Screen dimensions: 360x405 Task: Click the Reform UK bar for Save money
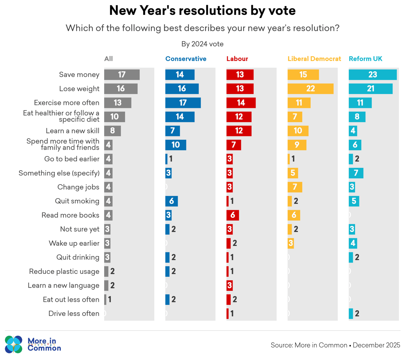tap(372, 75)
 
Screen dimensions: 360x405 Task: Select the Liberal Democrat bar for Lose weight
tap(310, 89)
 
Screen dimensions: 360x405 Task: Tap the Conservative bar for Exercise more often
tap(183, 103)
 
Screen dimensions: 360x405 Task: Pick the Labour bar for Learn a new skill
tap(239, 131)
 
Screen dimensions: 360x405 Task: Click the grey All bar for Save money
tap(121, 75)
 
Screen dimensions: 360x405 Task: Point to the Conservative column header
tap(186, 59)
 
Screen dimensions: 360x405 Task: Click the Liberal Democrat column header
tap(314, 59)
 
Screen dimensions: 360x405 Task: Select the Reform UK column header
tap(365, 59)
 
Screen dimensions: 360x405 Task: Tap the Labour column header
tap(237, 59)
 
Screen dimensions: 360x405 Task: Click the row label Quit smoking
tap(77, 201)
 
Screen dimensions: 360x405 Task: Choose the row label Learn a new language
tap(63, 285)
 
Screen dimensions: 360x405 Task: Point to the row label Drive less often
tap(74, 314)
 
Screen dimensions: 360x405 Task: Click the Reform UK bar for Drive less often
tap(351, 314)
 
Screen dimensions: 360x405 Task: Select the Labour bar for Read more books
tap(233, 215)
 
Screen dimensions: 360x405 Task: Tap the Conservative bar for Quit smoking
tap(171, 201)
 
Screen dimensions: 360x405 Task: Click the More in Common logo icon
tap(14, 344)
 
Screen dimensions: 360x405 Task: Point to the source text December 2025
tap(376, 345)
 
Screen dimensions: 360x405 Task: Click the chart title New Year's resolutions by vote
tap(202, 11)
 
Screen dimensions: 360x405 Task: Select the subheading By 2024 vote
tap(202, 44)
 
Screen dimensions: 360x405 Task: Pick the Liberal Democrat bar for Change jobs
tap(295, 187)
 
